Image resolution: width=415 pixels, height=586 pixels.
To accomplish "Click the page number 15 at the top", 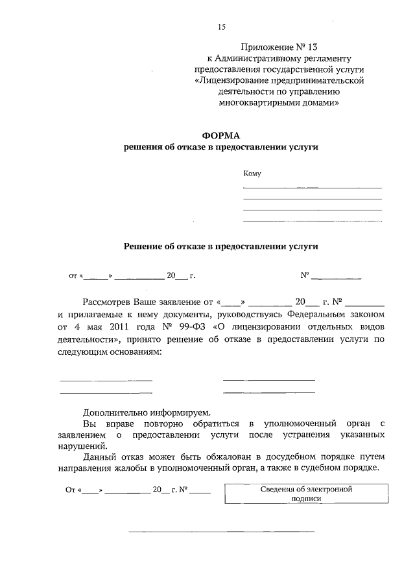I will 222,27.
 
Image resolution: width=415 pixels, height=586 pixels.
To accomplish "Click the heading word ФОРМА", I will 221,135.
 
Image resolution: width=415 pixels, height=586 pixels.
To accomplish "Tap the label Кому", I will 252,174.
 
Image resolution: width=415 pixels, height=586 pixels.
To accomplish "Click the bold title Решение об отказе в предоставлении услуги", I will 221,247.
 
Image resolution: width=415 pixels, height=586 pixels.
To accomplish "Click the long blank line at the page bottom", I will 221,532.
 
